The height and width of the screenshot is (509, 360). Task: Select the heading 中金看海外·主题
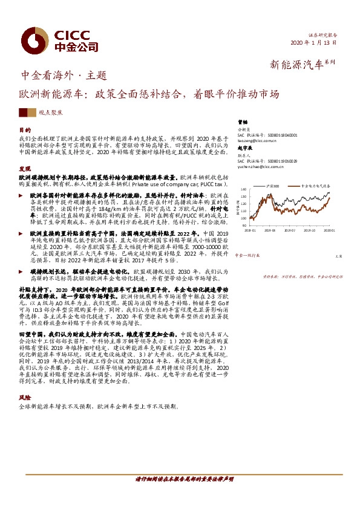pos(64,76)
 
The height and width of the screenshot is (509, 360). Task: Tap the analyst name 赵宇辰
pos(244,148)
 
